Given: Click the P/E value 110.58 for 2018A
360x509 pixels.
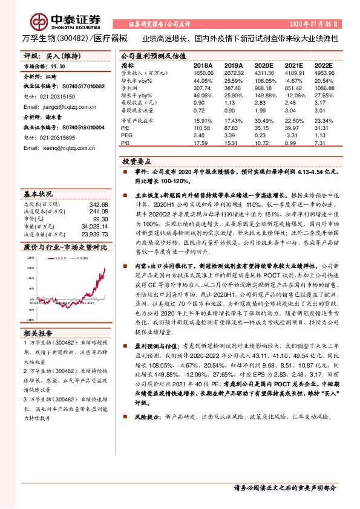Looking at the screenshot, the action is click(x=203, y=128).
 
